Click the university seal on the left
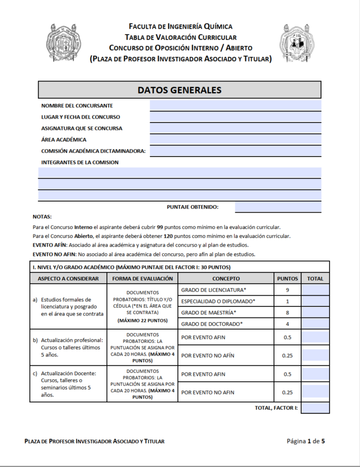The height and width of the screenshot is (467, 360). [64, 43]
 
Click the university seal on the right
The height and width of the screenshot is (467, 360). [297, 43]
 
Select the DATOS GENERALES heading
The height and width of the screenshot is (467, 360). [179, 90]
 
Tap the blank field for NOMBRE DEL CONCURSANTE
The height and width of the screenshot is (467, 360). [235, 105]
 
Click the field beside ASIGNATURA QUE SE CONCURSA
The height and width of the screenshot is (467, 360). [235, 128]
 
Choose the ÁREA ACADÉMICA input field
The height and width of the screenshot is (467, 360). [235, 139]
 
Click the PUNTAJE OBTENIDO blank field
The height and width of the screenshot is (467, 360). [278, 207]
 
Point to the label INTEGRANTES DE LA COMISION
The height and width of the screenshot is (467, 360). [80, 163]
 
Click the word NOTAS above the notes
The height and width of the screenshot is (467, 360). [42, 217]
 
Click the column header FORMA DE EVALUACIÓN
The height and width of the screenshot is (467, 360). [142, 279]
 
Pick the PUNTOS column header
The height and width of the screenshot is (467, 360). [287, 279]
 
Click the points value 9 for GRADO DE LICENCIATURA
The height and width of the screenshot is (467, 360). [287, 290]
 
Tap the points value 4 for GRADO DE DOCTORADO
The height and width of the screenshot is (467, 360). [287, 324]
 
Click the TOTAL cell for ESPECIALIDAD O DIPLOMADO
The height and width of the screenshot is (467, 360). [315, 301]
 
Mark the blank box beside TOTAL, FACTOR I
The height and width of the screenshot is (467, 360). [315, 408]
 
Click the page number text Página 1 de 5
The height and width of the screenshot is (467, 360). [305, 441]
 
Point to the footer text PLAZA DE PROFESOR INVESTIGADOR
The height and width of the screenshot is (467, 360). [94, 441]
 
